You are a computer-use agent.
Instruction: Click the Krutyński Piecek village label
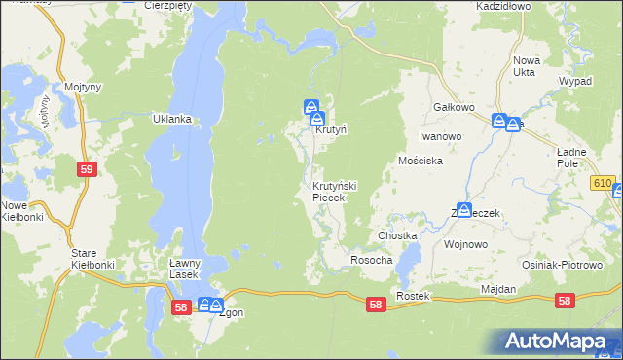point(335,192)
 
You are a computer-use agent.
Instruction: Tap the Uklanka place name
point(171,119)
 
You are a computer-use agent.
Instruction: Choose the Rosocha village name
point(371,260)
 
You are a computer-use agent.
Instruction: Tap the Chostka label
point(397,236)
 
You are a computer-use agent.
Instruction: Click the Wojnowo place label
point(464,244)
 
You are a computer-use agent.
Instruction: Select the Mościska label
point(421,161)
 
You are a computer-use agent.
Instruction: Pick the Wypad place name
point(575,81)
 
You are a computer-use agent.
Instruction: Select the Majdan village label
point(497,290)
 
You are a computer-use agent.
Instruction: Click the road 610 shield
point(603,183)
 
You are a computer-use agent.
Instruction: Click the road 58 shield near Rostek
point(377,305)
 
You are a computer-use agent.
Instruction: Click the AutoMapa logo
point(556,341)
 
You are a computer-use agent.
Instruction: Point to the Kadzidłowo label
point(503,6)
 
